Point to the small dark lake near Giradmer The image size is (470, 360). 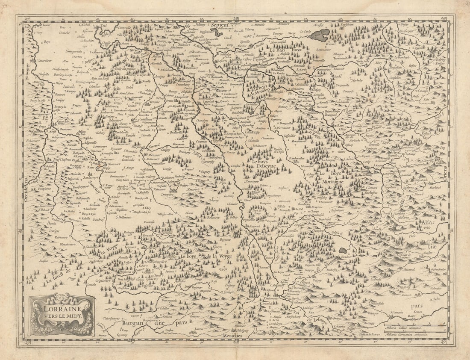343,251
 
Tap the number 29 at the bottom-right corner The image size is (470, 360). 443,342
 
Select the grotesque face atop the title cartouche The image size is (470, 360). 61,297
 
